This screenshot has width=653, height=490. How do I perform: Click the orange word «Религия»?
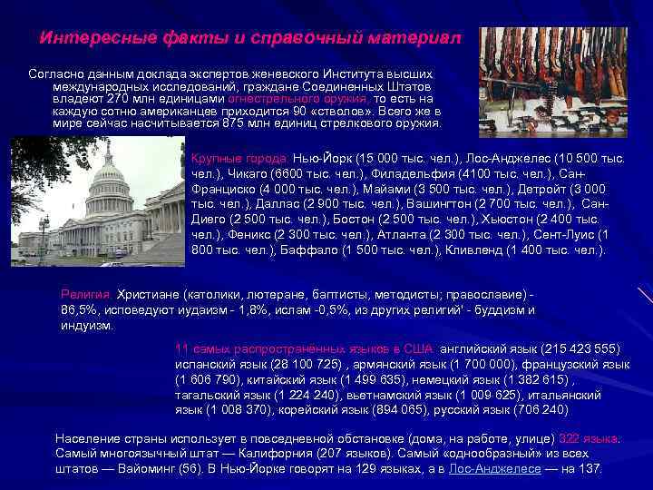(x=85, y=295)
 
